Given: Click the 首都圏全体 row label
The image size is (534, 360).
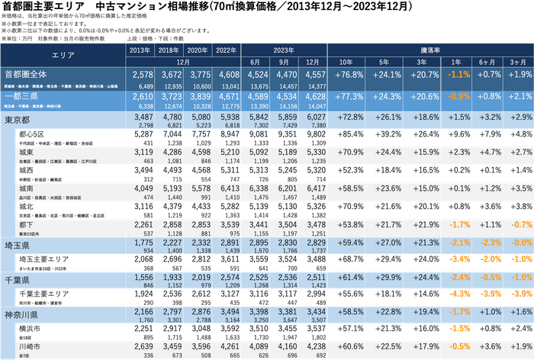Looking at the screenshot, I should [x=31, y=74].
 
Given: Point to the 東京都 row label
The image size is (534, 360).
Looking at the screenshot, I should [x=18, y=120].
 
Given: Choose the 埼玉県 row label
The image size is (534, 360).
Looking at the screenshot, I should [x=18, y=243].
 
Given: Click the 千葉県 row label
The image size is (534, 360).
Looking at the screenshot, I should [x=18, y=279].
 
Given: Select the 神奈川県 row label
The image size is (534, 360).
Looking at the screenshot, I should [x=22, y=314].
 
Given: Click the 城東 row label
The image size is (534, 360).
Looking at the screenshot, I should [x=26, y=152].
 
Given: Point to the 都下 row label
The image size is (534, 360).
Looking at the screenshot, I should [x=26, y=224].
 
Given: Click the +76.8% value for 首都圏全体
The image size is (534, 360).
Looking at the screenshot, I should [x=347, y=75].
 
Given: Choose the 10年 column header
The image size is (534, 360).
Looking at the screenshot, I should [x=347, y=62].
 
